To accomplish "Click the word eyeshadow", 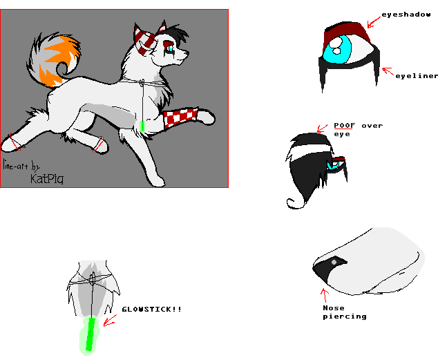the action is (x=406, y=15).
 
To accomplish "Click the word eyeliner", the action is (x=416, y=76).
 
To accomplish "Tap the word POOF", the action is (x=345, y=126).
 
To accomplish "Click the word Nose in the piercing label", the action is (x=334, y=307).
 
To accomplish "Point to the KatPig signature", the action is (x=47, y=179).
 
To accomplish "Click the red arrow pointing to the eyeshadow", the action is (x=374, y=22).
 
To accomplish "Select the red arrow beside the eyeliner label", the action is (x=388, y=71).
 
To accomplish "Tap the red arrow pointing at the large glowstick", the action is (x=110, y=321).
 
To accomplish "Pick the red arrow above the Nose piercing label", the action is (x=324, y=296).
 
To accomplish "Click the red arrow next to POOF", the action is (x=322, y=129).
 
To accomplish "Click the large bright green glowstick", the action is (x=91, y=334).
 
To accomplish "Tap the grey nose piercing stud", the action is (x=334, y=263).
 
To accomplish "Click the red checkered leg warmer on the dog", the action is (x=181, y=117).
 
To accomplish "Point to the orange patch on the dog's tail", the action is (x=57, y=60).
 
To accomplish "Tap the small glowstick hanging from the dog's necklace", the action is (x=142, y=126).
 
